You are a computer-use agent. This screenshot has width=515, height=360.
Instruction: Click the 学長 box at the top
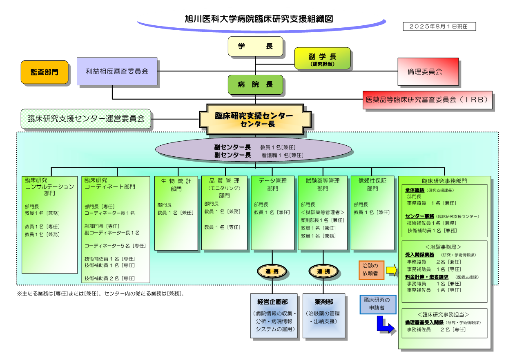tap(255, 46)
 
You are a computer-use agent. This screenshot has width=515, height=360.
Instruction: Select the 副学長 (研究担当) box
tap(322, 58)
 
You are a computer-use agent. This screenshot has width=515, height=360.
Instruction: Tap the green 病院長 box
tap(255, 84)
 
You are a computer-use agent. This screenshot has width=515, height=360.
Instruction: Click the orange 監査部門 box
tap(44, 72)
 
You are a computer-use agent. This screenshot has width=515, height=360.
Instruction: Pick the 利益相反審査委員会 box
tap(117, 71)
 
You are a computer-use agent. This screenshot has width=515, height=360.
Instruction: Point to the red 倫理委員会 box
tap(428, 71)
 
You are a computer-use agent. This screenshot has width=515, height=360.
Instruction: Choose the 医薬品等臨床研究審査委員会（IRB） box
tap(427, 100)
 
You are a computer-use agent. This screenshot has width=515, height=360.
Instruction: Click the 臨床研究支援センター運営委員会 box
tap(86, 119)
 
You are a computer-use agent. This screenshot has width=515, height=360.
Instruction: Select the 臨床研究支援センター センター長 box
tap(255, 119)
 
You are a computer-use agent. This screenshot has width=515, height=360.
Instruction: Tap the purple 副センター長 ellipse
tap(253, 150)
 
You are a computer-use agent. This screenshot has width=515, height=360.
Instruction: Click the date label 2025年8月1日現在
tap(439, 26)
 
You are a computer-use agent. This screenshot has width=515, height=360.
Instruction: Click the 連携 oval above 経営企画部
tap(272, 271)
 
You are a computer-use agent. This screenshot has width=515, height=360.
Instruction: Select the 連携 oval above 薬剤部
tap(323, 271)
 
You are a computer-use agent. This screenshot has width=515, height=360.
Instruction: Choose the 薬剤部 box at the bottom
tap(323, 316)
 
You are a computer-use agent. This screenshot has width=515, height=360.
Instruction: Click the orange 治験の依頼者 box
tap(371, 270)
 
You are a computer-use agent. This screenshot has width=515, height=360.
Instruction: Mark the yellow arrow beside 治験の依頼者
tap(391, 270)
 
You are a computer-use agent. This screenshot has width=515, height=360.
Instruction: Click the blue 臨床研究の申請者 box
tap(378, 304)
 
